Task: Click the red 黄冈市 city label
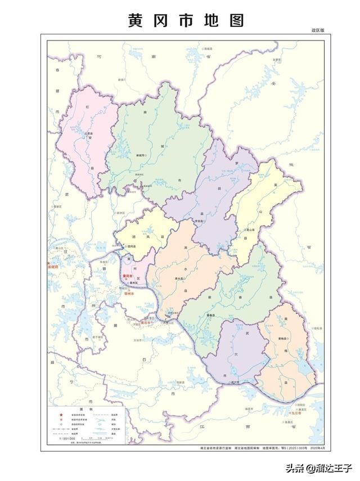point(129,277)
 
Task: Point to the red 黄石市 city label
point(147,323)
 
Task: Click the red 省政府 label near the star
point(53,268)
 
